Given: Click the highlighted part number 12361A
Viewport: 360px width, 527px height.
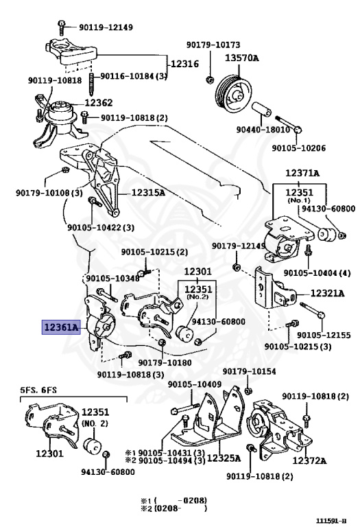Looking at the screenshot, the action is (x=62, y=327).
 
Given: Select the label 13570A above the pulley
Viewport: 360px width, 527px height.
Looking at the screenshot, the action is (x=242, y=58).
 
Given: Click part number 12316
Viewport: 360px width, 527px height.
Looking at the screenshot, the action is (x=185, y=64).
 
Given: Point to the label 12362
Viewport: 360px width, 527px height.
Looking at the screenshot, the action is (x=98, y=102).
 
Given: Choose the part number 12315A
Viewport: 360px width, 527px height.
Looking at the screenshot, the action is (x=148, y=193).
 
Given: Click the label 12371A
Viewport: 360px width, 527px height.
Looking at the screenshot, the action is (x=302, y=173).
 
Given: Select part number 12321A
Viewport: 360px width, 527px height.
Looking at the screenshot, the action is (x=327, y=294).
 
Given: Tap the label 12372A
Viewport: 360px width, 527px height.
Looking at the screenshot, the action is (x=309, y=460).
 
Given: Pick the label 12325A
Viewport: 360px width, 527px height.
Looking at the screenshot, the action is (x=224, y=458).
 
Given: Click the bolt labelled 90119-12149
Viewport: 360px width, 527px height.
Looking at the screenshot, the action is (x=62, y=27).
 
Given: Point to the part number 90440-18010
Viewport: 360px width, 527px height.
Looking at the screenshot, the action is (x=263, y=130).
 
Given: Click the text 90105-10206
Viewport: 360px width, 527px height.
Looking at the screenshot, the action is (x=298, y=148).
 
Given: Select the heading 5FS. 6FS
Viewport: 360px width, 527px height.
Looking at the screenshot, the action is (x=38, y=390).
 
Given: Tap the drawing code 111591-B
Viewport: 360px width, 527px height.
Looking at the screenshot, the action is (x=331, y=521).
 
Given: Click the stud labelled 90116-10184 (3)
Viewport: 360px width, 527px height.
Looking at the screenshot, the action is (x=92, y=84).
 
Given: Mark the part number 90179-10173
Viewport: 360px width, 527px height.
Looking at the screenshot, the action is (x=213, y=45).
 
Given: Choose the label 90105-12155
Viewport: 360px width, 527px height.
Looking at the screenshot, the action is (x=324, y=335).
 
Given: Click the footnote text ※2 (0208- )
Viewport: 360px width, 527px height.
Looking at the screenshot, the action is (x=173, y=508).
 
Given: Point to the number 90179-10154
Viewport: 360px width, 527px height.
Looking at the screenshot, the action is (x=249, y=371).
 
